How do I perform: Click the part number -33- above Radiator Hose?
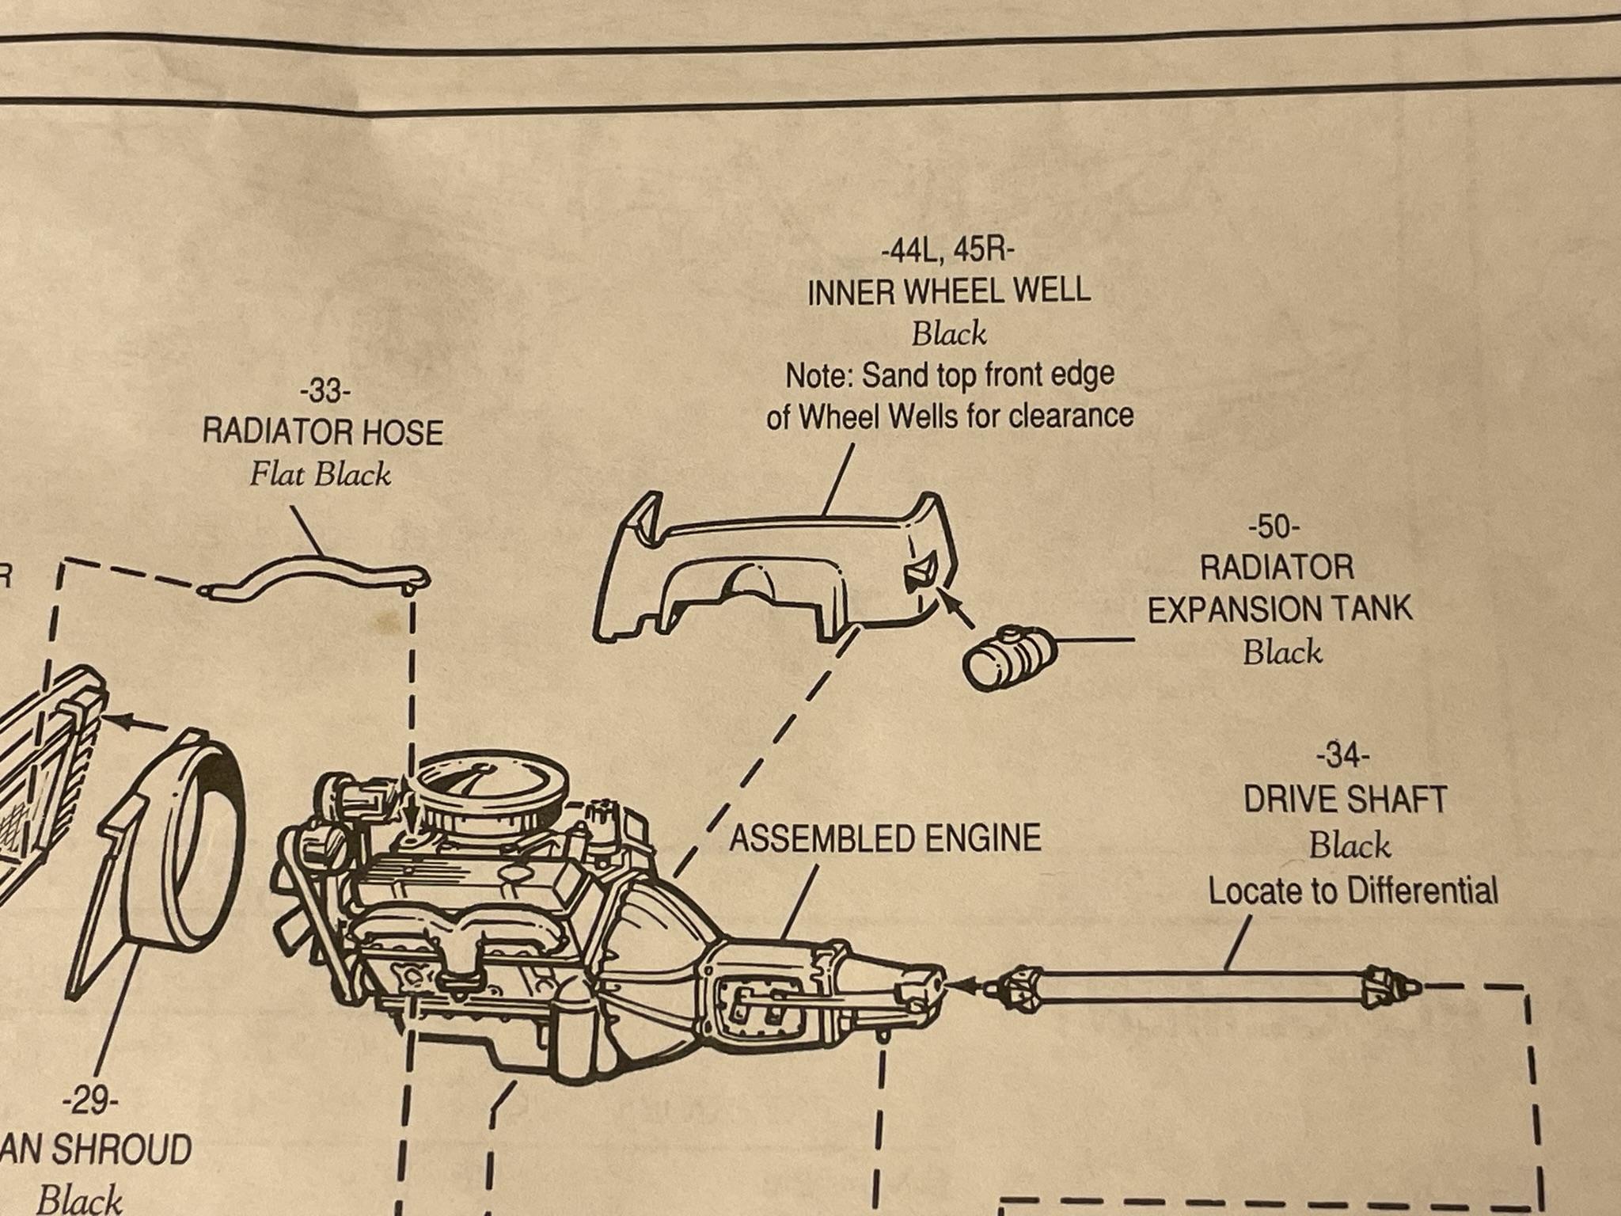tap(324, 392)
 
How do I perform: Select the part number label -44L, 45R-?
tap(947, 252)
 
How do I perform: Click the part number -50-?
tap(1274, 526)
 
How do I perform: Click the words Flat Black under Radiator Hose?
tap(320, 475)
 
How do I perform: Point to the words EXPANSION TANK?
tap(1280, 609)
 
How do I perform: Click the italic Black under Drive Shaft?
tap(1349, 845)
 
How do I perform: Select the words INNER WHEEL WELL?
tap(948, 292)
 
